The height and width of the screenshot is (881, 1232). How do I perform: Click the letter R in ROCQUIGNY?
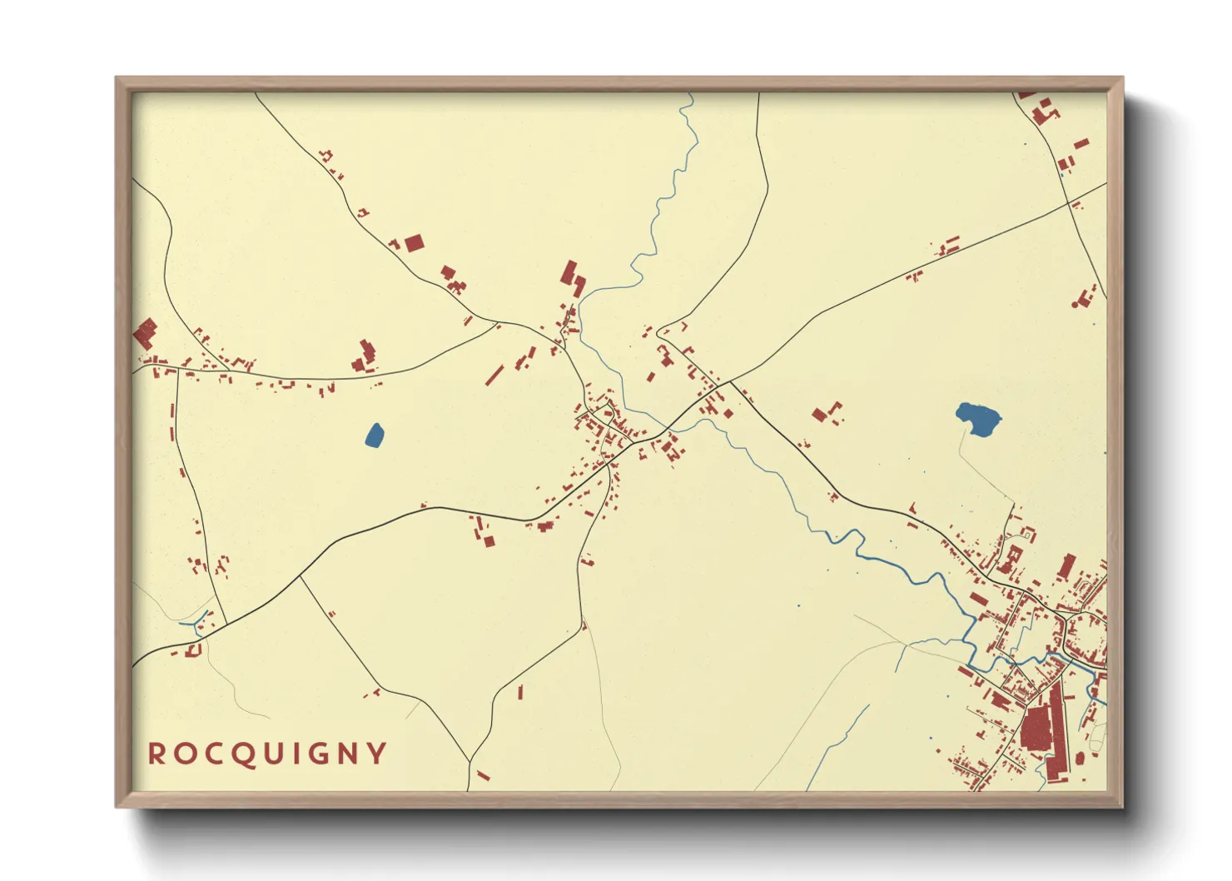[x=156, y=754]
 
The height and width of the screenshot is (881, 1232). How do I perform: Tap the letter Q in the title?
[x=242, y=754]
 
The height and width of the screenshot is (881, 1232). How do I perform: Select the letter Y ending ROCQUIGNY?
[x=378, y=754]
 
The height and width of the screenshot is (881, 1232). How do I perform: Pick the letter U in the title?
[x=271, y=754]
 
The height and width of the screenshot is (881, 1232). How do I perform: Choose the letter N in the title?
[x=350, y=754]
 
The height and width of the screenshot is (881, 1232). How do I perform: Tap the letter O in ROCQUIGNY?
[x=185, y=754]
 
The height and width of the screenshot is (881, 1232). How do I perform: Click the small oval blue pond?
[x=375, y=436]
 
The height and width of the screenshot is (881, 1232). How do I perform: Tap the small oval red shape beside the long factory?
[x=1080, y=758]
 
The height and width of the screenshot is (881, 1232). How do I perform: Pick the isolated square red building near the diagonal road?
[x=414, y=242]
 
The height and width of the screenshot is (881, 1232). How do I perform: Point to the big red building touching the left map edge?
[x=144, y=333]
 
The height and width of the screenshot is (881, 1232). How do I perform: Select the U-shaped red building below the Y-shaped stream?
[x=195, y=650]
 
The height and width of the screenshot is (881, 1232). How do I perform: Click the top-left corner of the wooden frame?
[x=117, y=78]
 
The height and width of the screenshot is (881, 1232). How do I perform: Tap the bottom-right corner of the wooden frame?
[x=1122, y=806]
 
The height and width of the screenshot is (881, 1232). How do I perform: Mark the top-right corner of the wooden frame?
[x=1122, y=78]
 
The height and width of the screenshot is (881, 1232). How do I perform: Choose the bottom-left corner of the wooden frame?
[x=117, y=806]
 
